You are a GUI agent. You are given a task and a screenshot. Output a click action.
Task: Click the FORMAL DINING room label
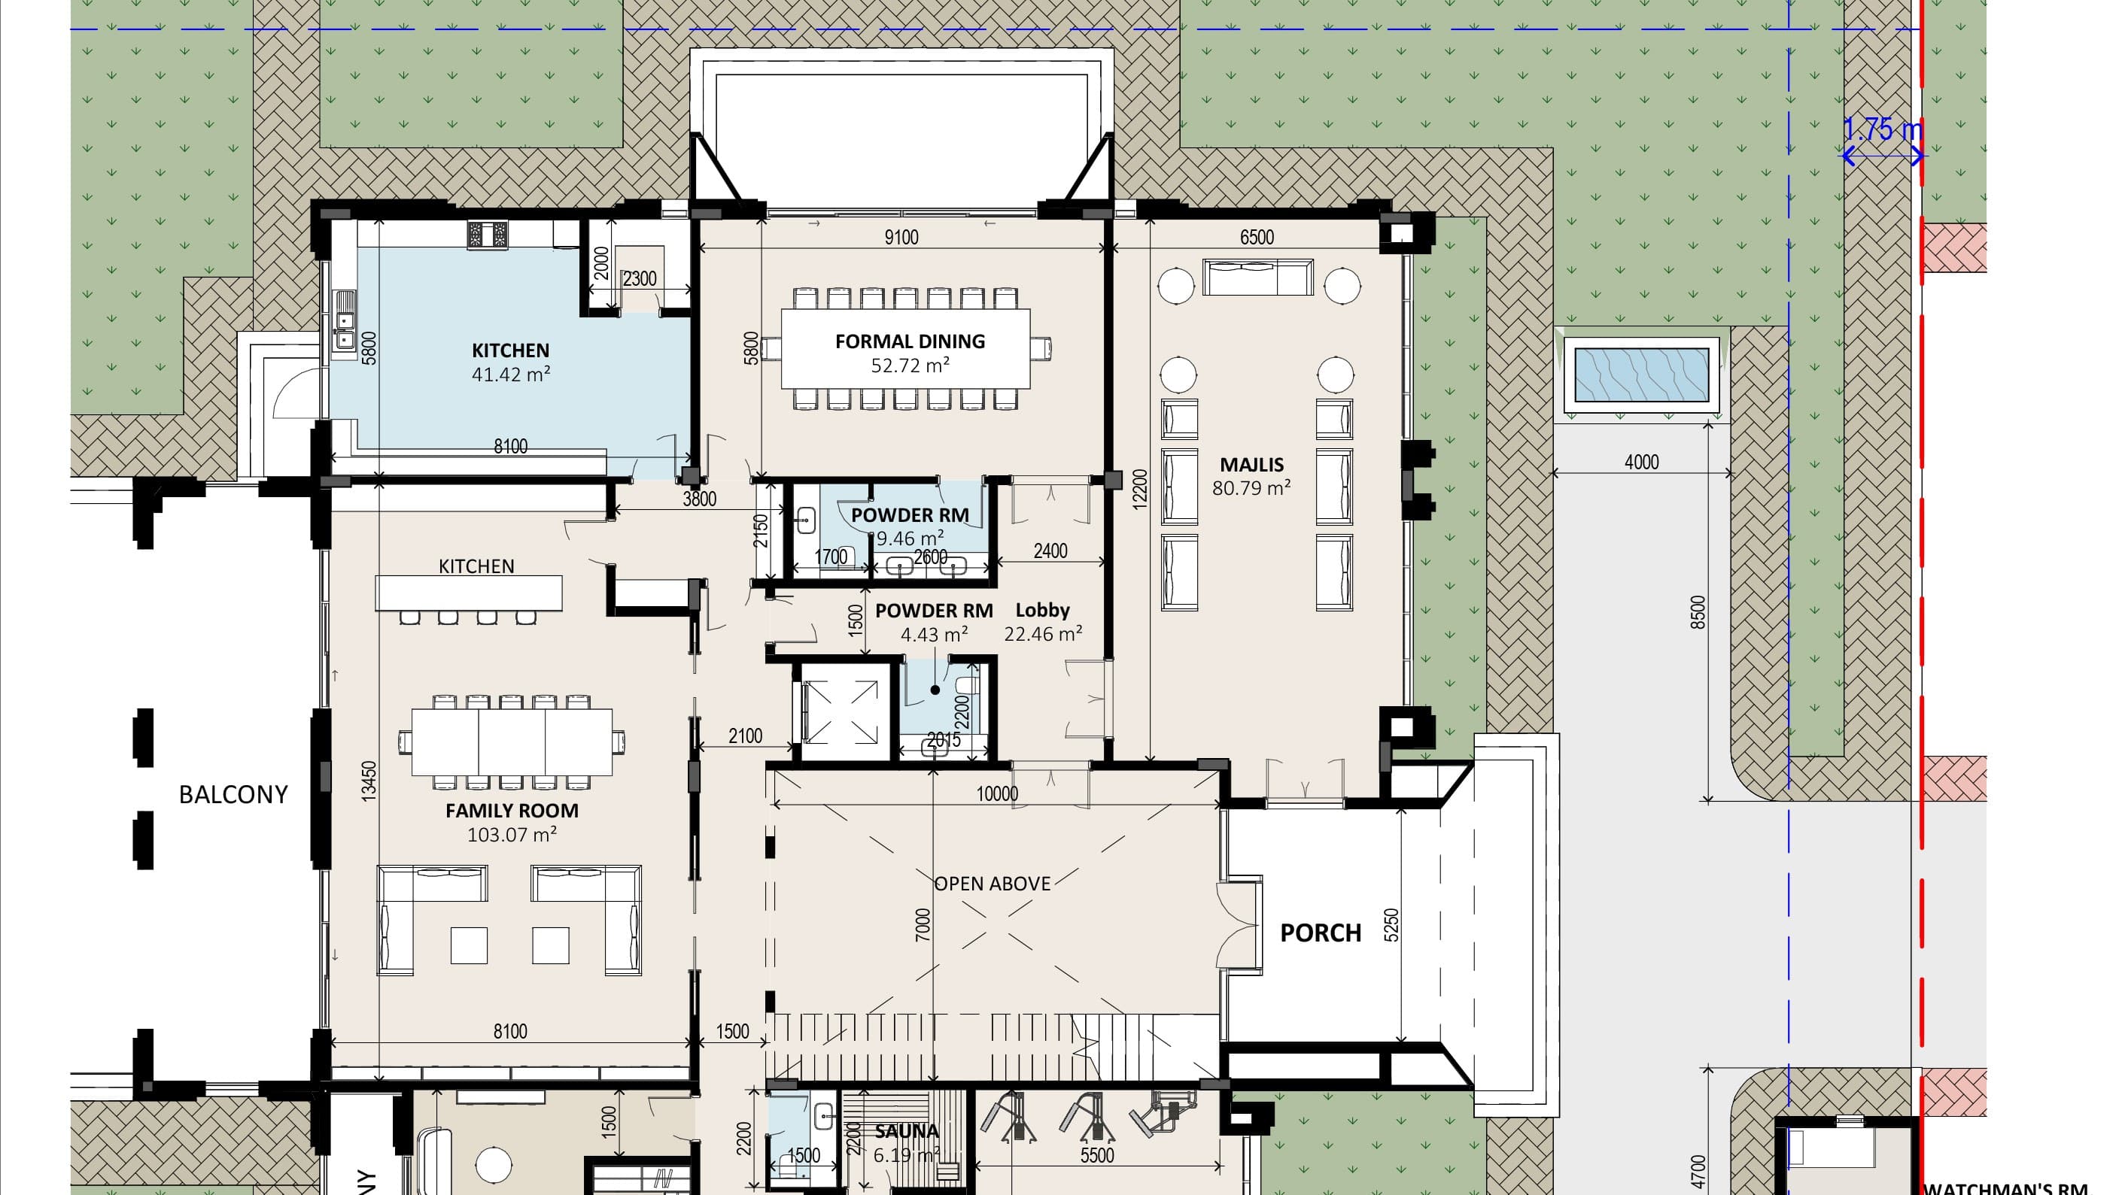(909, 341)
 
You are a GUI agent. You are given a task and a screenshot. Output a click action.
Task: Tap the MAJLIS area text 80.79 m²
(1251, 488)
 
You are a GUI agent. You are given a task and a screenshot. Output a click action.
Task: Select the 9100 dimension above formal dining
(901, 238)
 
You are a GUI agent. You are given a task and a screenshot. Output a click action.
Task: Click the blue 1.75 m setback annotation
(1882, 130)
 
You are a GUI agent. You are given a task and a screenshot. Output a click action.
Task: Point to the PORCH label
(1320, 933)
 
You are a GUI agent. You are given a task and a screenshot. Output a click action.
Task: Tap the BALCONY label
(233, 794)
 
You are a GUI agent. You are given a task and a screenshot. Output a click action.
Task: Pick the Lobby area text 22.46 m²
(1043, 634)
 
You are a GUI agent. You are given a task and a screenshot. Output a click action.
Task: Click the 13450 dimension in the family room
(369, 779)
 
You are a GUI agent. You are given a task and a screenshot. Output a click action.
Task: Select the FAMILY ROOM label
(512, 811)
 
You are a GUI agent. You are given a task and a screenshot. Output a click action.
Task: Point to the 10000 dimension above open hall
(996, 793)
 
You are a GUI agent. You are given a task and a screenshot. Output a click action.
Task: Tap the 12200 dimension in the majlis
(1139, 490)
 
